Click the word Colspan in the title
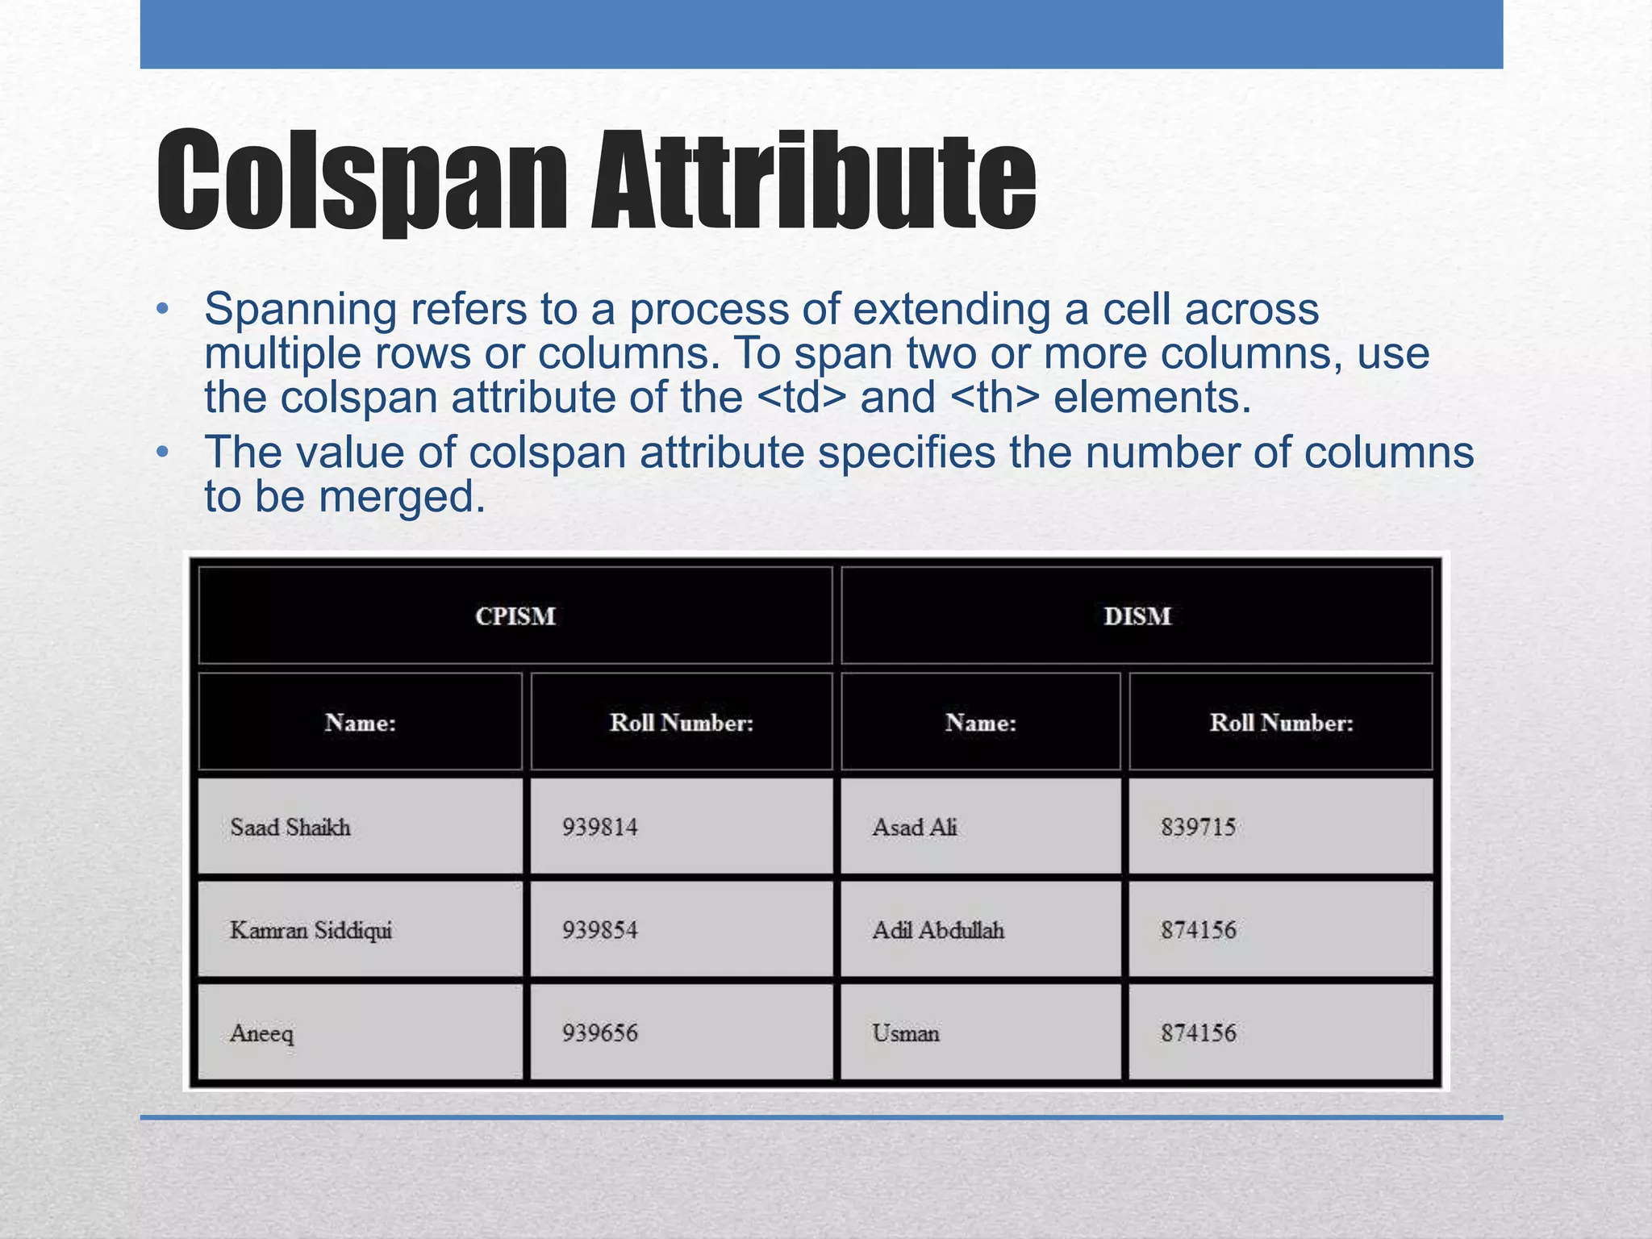(x=361, y=181)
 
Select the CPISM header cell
(x=515, y=616)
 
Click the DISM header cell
(x=1137, y=616)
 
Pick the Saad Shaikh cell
(x=290, y=828)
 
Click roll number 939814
(x=599, y=828)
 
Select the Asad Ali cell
(x=915, y=828)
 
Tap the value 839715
(x=1198, y=828)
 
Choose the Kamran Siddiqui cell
(x=311, y=931)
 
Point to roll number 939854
(x=599, y=931)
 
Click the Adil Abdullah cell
(x=938, y=931)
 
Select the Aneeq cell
(x=262, y=1033)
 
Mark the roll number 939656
(x=599, y=1033)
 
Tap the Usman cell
(x=906, y=1033)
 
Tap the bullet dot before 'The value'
(x=163, y=453)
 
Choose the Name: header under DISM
(x=980, y=723)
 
